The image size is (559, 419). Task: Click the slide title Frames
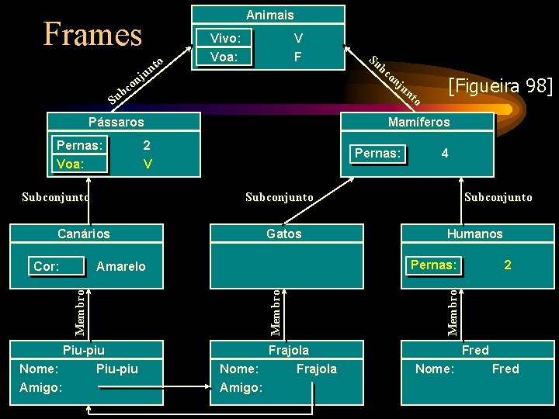tap(93, 35)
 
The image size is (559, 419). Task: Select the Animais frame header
tap(269, 15)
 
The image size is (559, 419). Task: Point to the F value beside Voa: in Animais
tap(298, 57)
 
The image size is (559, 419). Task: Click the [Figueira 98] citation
tap(500, 85)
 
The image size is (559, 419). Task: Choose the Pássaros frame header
tap(116, 122)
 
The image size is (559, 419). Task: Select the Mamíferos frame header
tap(418, 122)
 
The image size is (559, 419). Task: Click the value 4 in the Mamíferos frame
tap(444, 154)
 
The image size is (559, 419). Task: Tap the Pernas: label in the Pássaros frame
tap(80, 145)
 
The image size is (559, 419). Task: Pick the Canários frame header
tap(84, 234)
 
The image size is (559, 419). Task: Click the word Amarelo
tap(120, 266)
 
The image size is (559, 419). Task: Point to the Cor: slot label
tap(47, 266)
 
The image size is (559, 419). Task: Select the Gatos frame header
tap(283, 234)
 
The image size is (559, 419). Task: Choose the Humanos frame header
tap(474, 234)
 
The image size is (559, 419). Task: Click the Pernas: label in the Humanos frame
tap(434, 265)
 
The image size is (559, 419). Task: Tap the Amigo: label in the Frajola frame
tap(241, 387)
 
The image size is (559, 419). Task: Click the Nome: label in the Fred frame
tap(435, 369)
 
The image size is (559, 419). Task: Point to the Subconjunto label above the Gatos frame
tap(279, 197)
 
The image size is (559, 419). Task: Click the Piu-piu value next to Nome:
tap(117, 369)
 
